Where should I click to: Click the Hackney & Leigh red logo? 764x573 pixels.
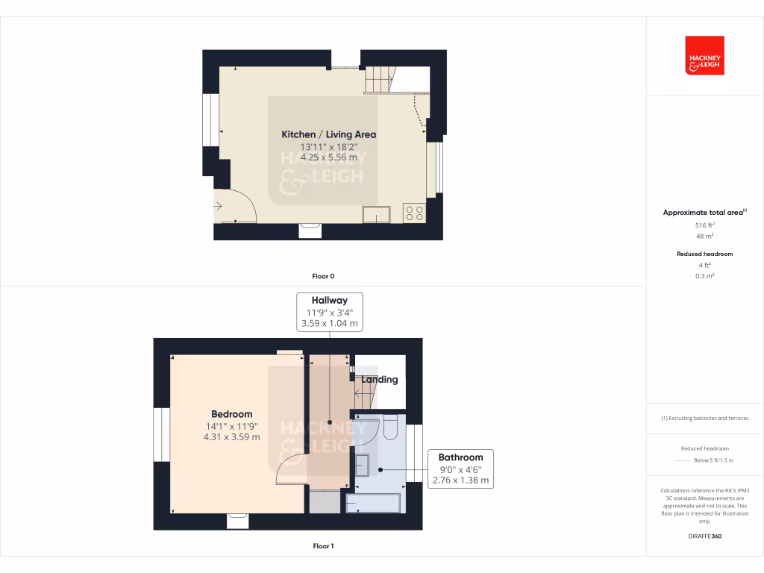coord(704,55)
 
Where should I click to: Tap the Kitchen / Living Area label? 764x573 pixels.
coord(328,134)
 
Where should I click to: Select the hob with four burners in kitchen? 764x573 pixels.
coord(414,213)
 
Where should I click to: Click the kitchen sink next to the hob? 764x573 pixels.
coord(376,214)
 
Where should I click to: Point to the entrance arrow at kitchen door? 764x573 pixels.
coord(218,207)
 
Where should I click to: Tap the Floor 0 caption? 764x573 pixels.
coord(322,276)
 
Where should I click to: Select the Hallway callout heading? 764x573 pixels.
coord(330,301)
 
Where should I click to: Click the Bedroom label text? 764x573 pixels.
coord(231,414)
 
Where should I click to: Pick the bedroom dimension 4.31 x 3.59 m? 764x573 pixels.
coord(231,437)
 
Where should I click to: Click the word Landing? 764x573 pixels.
coord(380,379)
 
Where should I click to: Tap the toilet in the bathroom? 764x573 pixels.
coord(390,428)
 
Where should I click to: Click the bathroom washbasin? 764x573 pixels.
coord(362,465)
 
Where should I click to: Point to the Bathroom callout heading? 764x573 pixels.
coord(460,457)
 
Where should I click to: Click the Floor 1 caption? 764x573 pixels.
coord(322,546)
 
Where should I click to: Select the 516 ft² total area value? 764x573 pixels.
coord(704,225)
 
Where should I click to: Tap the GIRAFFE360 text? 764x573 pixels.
coord(704,536)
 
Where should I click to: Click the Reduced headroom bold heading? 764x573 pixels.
coord(704,254)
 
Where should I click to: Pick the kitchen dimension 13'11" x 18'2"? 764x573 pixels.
coord(328,146)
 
